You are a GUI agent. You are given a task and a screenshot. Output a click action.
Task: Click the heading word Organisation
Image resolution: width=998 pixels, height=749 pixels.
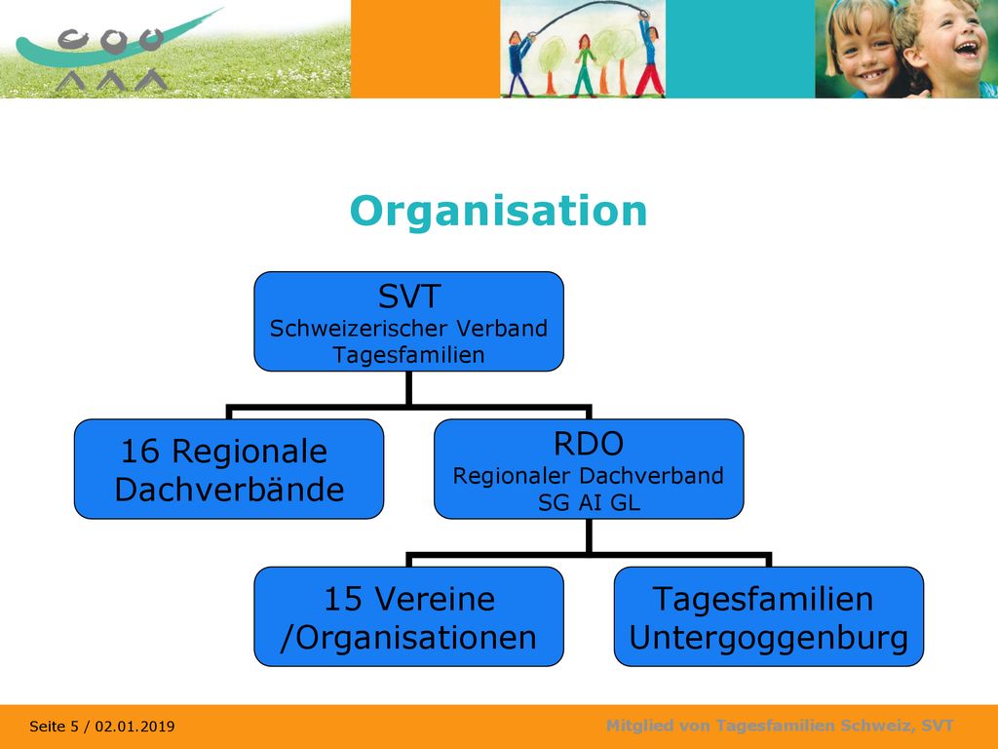[x=498, y=212]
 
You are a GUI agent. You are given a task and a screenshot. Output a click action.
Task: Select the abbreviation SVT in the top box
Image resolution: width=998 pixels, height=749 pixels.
[x=409, y=296]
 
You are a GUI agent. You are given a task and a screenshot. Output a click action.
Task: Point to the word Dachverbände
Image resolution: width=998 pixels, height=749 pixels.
[x=229, y=490]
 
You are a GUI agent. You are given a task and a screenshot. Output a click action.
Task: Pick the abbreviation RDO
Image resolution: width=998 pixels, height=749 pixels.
[x=589, y=444]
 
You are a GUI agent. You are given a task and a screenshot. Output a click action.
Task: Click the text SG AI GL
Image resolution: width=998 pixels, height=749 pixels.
[x=589, y=503]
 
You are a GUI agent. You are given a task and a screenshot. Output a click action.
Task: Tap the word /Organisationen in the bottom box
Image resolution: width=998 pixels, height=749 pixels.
[x=408, y=638]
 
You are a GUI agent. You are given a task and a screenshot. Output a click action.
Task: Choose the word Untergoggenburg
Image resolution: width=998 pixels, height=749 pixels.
[x=768, y=638]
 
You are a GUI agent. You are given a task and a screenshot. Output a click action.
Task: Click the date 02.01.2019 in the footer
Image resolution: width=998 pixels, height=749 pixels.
[x=134, y=726]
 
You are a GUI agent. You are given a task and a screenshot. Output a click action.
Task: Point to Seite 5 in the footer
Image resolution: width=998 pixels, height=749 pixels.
[x=54, y=726]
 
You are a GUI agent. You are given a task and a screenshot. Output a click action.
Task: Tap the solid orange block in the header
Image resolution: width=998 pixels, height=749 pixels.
[x=425, y=49]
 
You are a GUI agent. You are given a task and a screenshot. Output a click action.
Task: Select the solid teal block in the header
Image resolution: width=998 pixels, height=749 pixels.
[x=741, y=49]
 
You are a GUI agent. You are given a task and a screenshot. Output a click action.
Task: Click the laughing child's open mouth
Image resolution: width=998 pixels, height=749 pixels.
[x=967, y=49]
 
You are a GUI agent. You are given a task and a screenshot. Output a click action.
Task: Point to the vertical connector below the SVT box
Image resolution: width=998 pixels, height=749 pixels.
[x=408, y=388]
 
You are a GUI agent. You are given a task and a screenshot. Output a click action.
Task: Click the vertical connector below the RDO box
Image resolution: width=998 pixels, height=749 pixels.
[x=589, y=535]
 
